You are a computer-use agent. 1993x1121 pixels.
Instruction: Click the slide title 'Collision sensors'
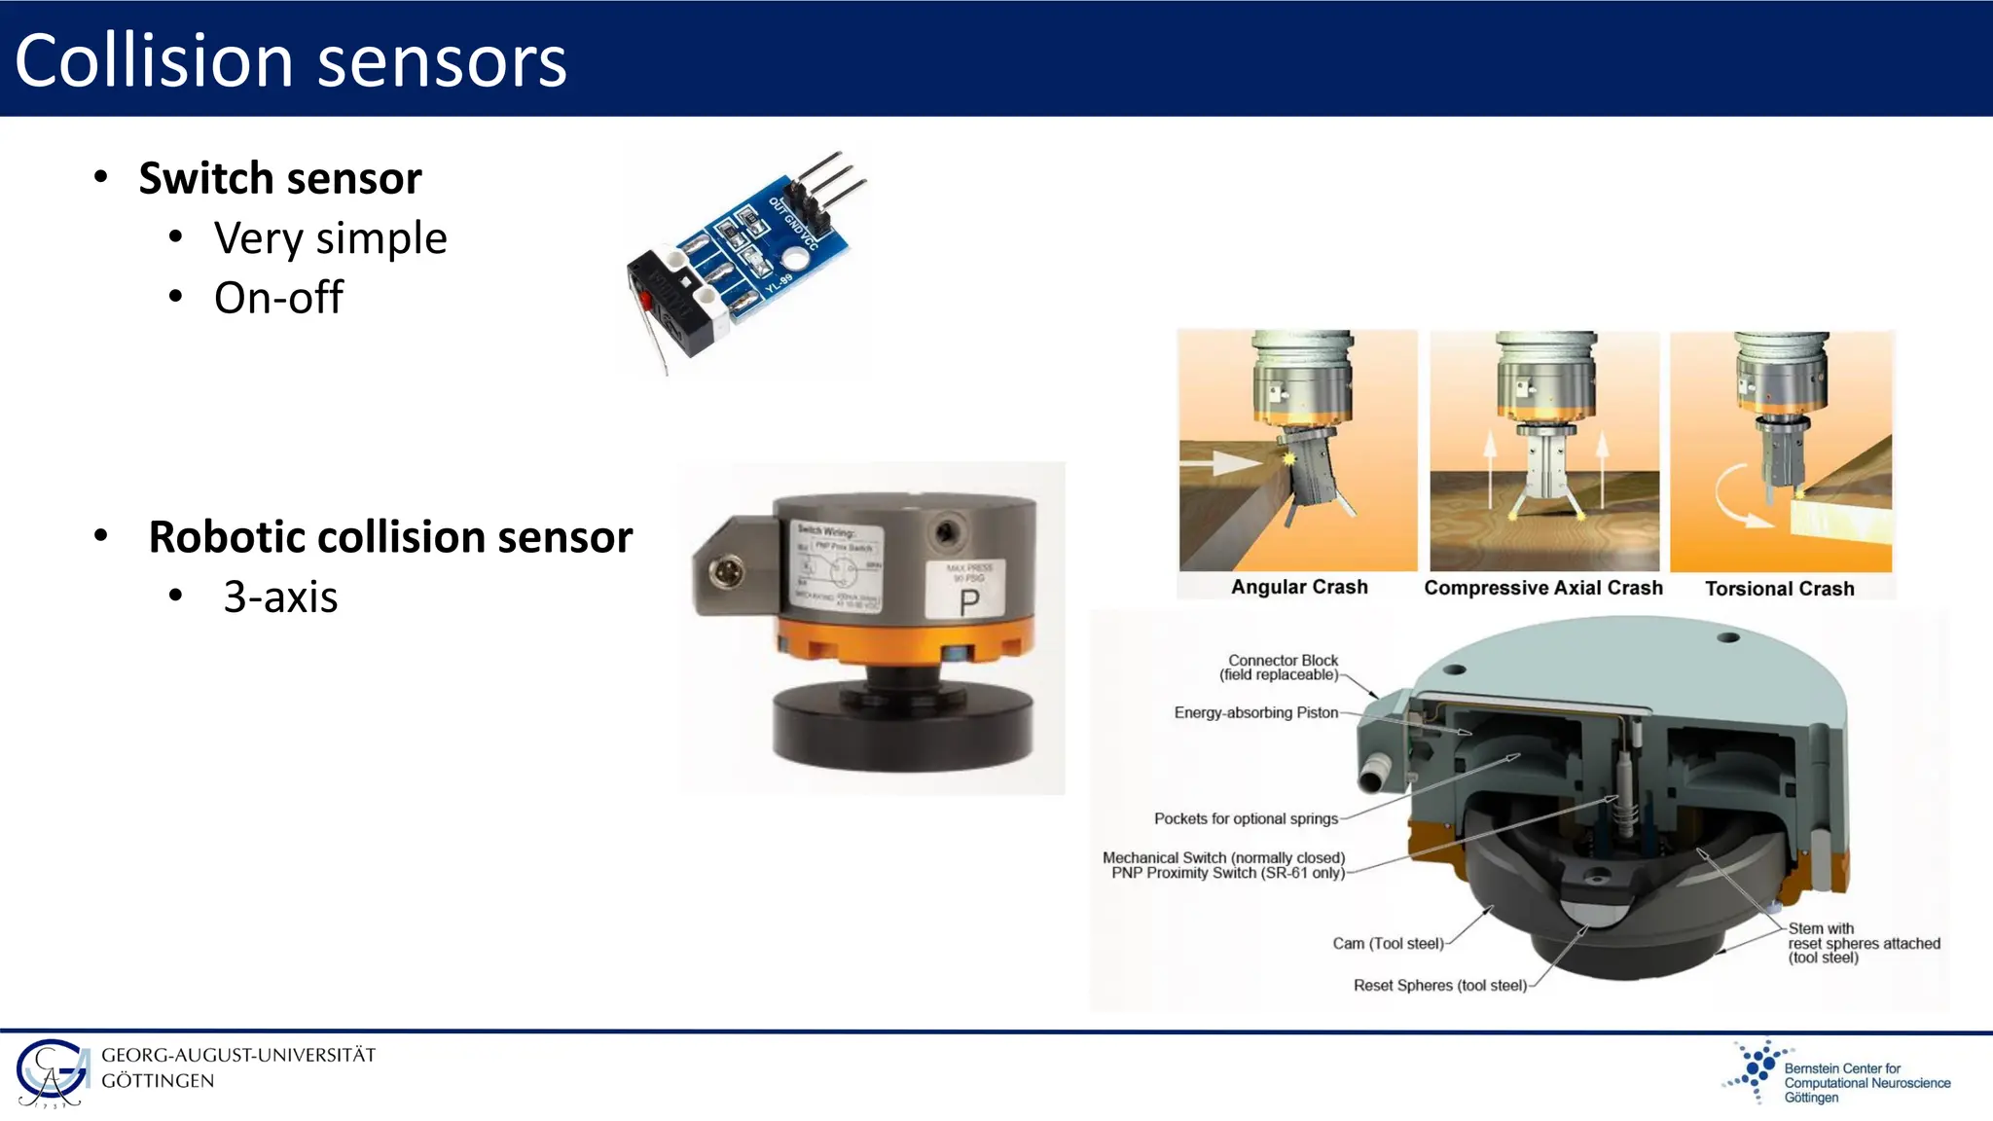click(290, 60)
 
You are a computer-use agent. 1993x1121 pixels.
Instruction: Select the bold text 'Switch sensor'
click(280, 178)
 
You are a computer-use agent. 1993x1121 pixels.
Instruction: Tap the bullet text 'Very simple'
click(330, 238)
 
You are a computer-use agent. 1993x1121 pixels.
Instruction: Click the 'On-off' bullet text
click(278, 298)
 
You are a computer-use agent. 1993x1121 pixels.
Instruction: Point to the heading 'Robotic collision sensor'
click(390, 537)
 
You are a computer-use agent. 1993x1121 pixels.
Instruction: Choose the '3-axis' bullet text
click(280, 597)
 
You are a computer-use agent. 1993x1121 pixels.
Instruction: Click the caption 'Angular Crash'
click(1299, 587)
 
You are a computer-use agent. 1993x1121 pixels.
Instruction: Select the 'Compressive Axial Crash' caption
click(1543, 588)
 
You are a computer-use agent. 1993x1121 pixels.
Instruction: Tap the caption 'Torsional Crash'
click(1779, 589)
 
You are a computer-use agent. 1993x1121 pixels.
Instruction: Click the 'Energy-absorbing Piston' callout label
click(1255, 712)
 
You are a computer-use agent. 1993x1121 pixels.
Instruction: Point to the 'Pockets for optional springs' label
click(1246, 818)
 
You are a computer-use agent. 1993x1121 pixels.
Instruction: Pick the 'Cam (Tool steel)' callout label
click(1388, 943)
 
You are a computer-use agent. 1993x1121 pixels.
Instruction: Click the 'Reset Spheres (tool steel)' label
click(1440, 986)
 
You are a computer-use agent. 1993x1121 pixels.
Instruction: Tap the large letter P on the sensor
click(969, 602)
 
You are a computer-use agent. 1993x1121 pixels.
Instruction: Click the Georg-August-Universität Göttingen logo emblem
click(53, 1073)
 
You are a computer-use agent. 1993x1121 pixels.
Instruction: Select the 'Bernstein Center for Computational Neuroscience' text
click(1866, 1082)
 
